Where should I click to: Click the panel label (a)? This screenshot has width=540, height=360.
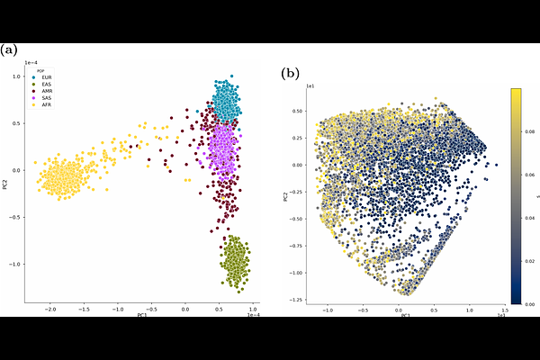pos(12,49)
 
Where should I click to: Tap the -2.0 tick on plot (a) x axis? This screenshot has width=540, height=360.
pos(49,308)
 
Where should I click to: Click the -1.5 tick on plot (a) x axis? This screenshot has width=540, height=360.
pos(84,308)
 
